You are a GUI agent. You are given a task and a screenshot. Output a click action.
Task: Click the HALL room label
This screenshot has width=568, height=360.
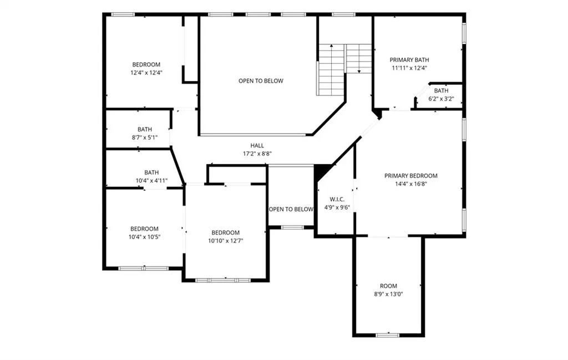[257, 145]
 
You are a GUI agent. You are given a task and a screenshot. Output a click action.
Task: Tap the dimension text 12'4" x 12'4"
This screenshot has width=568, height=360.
[146, 73]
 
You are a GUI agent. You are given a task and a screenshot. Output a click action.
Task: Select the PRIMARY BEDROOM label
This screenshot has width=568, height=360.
[411, 176]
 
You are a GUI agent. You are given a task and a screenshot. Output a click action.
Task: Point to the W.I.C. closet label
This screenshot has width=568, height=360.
[337, 200]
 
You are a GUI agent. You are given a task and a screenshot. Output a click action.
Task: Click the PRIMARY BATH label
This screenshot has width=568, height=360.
[409, 60]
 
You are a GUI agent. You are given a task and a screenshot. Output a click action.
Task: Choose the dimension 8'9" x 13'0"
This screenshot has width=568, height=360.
[388, 294]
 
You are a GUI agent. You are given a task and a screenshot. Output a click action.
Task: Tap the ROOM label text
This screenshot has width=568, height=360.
[388, 286]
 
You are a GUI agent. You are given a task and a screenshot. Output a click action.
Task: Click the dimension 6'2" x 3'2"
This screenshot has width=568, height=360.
[441, 99]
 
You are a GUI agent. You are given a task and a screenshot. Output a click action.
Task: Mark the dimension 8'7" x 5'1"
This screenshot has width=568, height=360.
[145, 137]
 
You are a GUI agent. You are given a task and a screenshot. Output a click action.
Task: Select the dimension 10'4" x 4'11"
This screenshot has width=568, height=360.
[151, 180]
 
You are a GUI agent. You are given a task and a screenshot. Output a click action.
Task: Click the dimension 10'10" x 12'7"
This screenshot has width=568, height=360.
[225, 241]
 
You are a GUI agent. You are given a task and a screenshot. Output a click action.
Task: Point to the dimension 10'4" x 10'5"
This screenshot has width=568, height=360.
[144, 237]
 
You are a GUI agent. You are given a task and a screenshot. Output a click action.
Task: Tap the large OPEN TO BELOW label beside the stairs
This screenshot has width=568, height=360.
[261, 81]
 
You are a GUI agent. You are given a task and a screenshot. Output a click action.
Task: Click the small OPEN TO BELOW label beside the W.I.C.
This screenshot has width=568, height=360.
[291, 209]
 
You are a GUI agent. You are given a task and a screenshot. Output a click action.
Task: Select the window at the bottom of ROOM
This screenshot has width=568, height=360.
[388, 335]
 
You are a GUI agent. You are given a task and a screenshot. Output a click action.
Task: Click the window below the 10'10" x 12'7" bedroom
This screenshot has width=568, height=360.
[222, 280]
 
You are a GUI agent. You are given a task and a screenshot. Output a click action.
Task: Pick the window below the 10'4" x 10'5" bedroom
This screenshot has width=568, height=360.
[144, 268]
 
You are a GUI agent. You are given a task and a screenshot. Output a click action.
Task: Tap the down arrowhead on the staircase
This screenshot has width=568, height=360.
[359, 72]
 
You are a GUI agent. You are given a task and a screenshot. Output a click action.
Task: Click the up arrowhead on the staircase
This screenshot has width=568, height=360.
[331, 46]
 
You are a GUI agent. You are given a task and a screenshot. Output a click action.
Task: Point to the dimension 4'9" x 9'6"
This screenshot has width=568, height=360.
[337, 207]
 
